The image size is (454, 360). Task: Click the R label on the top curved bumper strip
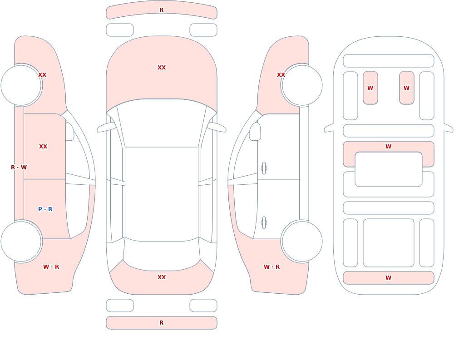162,10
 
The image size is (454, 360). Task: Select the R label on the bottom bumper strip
162,323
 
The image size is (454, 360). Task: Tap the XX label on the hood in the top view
162,68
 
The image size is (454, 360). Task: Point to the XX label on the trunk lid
162,277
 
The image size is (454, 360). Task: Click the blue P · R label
45,209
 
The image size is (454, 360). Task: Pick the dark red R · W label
19,168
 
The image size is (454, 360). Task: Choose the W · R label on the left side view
51,267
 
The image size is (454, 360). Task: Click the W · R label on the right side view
271,267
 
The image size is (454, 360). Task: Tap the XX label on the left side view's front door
43,147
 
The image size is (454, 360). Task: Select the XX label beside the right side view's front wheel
281,75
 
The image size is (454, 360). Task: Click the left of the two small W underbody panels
370,88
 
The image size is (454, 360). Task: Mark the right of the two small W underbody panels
406,88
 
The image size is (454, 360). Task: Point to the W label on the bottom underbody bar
388,278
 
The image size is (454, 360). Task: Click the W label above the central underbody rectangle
388,147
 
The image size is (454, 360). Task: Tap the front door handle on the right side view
264,168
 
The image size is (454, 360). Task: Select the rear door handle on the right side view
264,223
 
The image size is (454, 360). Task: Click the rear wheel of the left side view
21,241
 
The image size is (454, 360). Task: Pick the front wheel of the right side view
302,85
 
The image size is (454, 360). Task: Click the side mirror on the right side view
255,132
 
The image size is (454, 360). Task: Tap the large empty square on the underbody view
388,243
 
